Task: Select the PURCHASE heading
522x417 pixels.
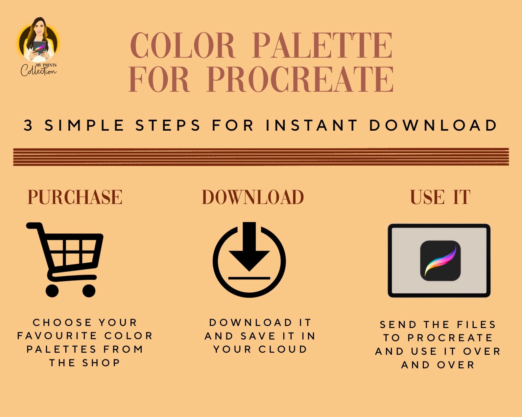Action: click(x=75, y=197)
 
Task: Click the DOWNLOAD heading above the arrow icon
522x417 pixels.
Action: click(x=252, y=197)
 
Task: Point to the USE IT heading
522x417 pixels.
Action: click(x=440, y=197)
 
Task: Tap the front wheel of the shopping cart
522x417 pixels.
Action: click(x=89, y=291)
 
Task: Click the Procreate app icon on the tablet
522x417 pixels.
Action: click(x=440, y=261)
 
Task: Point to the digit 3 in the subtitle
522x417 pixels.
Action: click(x=29, y=125)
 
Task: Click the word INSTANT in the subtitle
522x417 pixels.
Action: click(x=312, y=125)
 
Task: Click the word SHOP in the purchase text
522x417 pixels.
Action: click(x=101, y=363)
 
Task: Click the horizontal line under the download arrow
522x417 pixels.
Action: click(x=249, y=278)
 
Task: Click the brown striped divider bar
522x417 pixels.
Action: click(x=261, y=157)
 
